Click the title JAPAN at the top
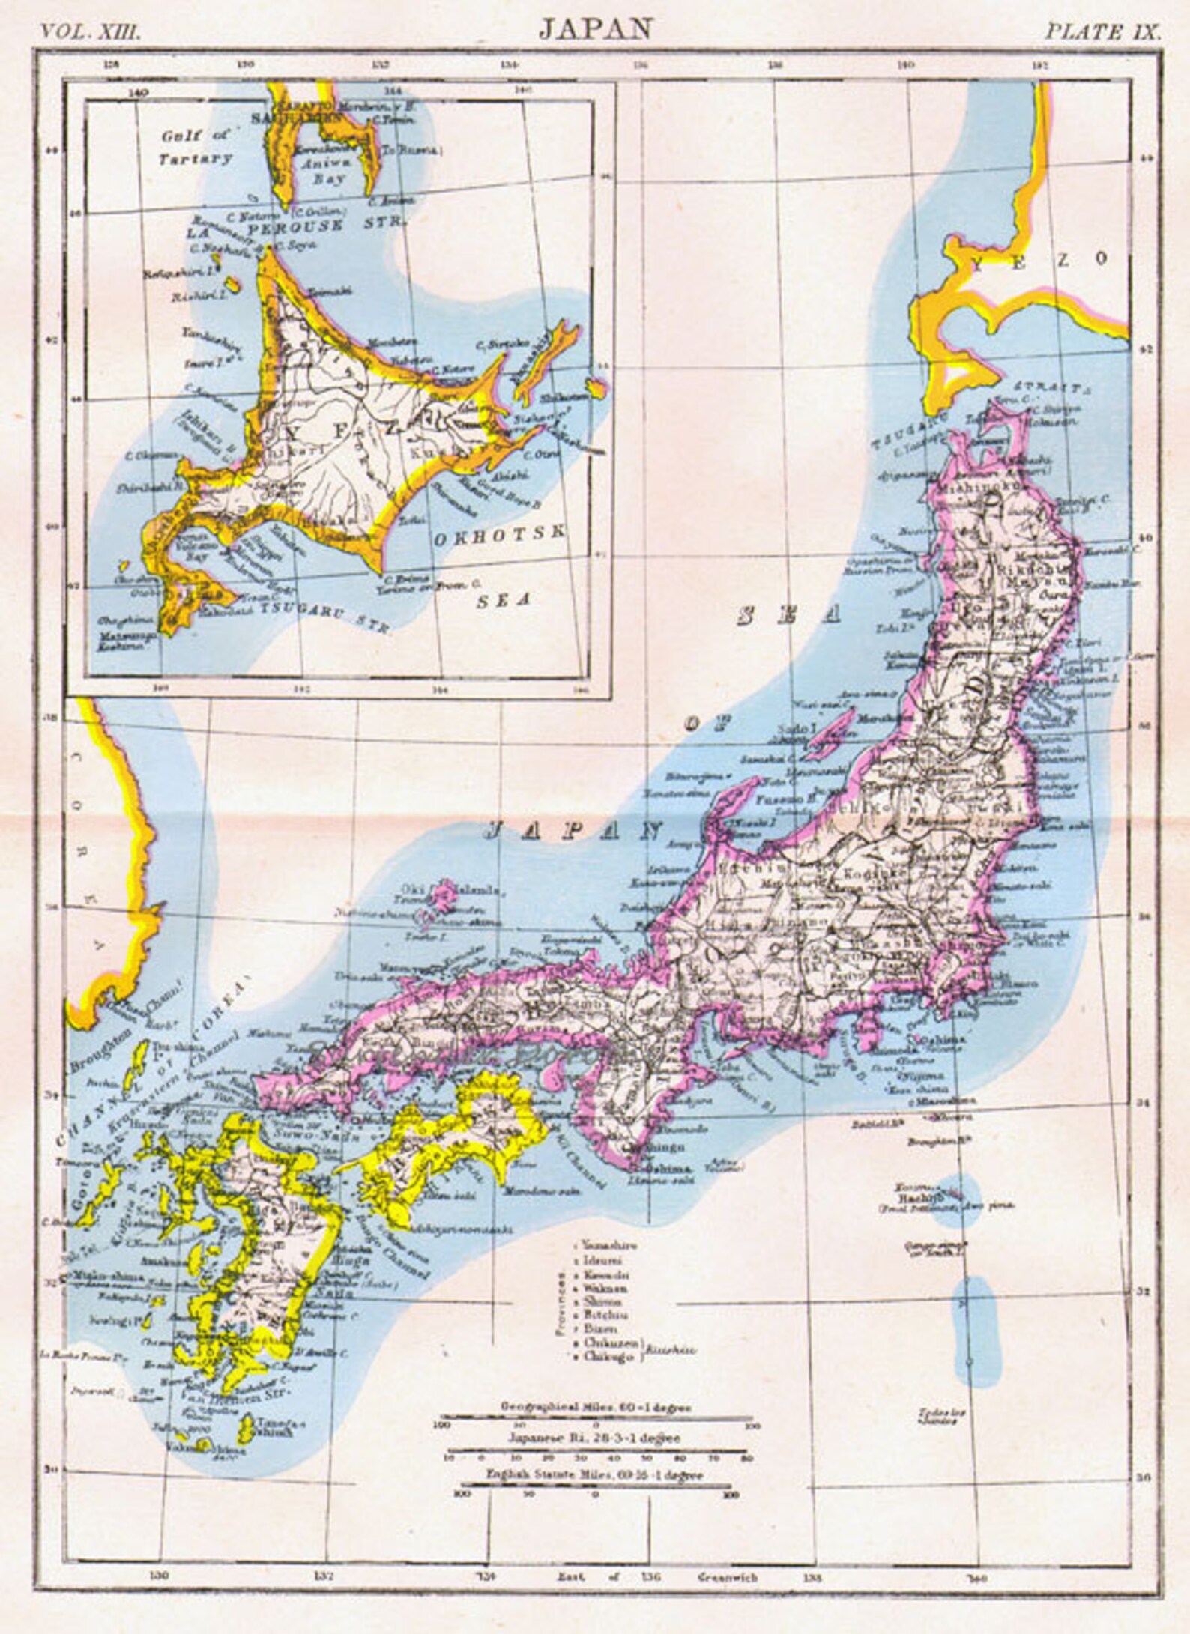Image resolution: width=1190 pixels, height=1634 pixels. click(596, 28)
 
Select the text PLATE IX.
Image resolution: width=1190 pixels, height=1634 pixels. click(1103, 31)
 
